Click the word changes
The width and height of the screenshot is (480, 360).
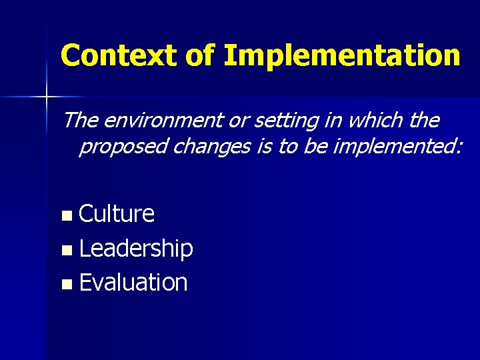point(211,146)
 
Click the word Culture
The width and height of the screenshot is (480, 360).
point(117,214)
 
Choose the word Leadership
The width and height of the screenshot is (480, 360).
point(136,249)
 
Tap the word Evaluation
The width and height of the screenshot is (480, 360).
point(133,283)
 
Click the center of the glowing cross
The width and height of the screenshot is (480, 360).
point(46,97)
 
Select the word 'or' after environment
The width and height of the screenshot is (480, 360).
point(233,121)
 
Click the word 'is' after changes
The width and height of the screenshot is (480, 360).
point(264,146)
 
